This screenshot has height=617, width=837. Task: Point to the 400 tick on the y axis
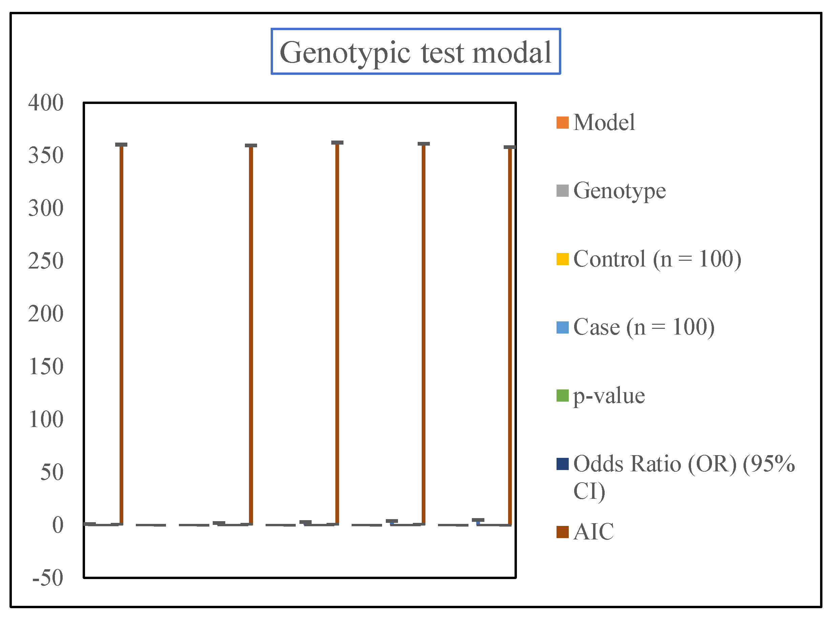click(x=46, y=103)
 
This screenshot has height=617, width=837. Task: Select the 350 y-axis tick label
click(x=46, y=155)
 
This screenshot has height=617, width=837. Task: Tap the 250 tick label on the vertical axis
click(x=46, y=261)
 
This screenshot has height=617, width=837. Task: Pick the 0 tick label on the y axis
click(x=58, y=525)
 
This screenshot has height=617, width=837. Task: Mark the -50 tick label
click(x=48, y=578)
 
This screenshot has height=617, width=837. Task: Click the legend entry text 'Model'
click(x=604, y=123)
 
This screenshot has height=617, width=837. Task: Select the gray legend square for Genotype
click(x=562, y=191)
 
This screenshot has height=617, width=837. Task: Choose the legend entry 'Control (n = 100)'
click(x=656, y=259)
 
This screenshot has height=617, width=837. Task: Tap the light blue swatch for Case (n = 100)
click(x=562, y=327)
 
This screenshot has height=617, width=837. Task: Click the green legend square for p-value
click(x=562, y=396)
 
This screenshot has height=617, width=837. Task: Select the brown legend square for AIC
click(x=562, y=532)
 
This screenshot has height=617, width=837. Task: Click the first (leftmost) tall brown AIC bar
click(x=121, y=336)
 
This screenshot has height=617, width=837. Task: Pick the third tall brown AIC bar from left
click(x=337, y=336)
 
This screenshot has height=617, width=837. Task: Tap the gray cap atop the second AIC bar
click(x=251, y=146)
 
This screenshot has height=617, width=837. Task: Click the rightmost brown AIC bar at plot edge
click(x=510, y=336)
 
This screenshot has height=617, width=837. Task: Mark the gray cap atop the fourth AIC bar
click(x=423, y=144)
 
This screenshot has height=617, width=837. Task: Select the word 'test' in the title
click(x=443, y=53)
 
